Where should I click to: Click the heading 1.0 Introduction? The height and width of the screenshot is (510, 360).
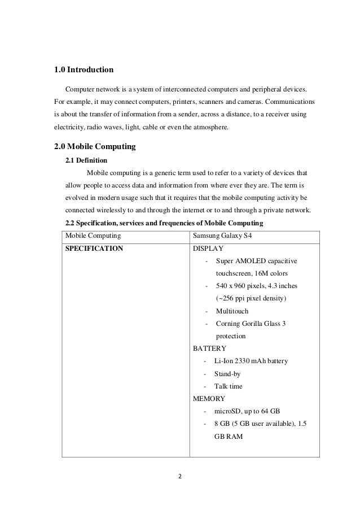pyautogui.click(x=84, y=71)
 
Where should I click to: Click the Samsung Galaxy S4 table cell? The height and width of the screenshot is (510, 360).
pyautogui.click(x=222, y=235)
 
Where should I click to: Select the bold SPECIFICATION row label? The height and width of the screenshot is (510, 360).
pyautogui.click(x=94, y=248)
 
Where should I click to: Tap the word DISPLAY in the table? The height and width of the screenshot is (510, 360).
pyautogui.click(x=208, y=248)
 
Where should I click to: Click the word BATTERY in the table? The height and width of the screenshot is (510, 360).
pyautogui.click(x=209, y=348)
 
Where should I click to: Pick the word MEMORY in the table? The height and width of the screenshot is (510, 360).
pyautogui.click(x=209, y=399)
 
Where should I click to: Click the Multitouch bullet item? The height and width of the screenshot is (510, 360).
pyautogui.click(x=232, y=311)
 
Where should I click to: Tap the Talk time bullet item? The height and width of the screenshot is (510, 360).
pyautogui.click(x=229, y=386)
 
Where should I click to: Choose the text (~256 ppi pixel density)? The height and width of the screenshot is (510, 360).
pyautogui.click(x=251, y=298)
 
